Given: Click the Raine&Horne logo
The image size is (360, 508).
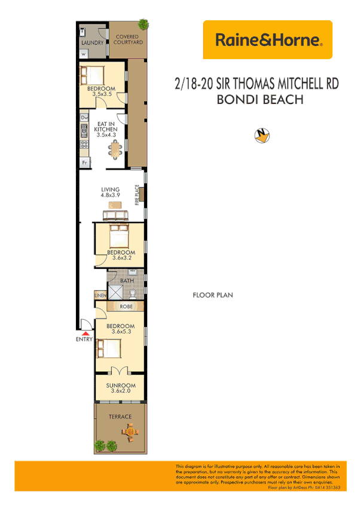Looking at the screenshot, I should (267, 40).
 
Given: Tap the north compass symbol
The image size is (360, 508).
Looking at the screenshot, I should (261, 136).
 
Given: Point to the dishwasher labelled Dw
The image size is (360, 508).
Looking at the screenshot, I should (84, 118).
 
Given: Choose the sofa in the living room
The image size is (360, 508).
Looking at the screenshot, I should (115, 215).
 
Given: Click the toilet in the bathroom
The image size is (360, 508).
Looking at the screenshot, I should (133, 292).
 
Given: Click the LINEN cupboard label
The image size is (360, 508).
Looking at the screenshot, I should (100, 295).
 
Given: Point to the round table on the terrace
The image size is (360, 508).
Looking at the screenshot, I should (130, 429).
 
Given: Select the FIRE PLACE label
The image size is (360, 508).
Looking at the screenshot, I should (136, 195).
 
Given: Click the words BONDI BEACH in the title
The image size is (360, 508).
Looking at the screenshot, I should (259, 99).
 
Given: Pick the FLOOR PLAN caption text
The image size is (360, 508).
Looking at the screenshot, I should (212, 295).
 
